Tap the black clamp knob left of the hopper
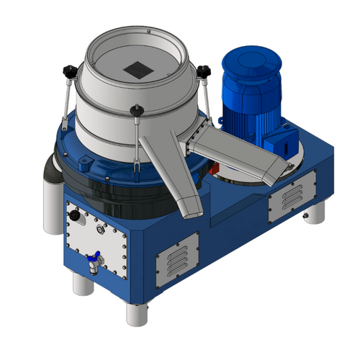(70, 70)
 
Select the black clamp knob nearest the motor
(204, 71)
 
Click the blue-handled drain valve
(93, 258)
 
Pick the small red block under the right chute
(214, 167)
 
